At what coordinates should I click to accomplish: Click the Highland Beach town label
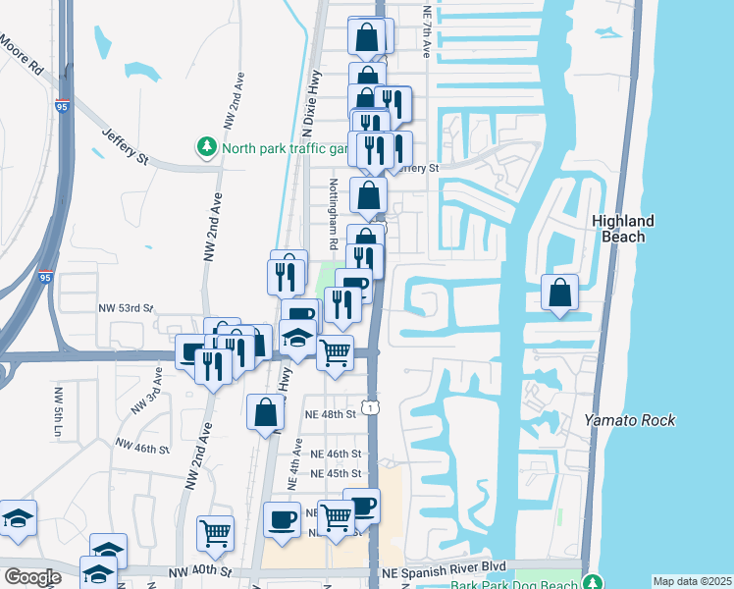(x=623, y=229)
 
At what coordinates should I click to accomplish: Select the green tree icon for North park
(x=207, y=148)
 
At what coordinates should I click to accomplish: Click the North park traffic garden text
(x=285, y=149)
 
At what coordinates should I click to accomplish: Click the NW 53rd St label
(x=125, y=308)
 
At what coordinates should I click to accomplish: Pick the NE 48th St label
(x=332, y=414)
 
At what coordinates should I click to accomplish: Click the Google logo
(x=31, y=577)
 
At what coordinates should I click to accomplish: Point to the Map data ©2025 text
(x=691, y=581)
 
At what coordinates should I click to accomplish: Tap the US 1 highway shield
(x=370, y=404)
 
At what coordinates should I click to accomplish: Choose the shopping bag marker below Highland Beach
(x=559, y=293)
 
